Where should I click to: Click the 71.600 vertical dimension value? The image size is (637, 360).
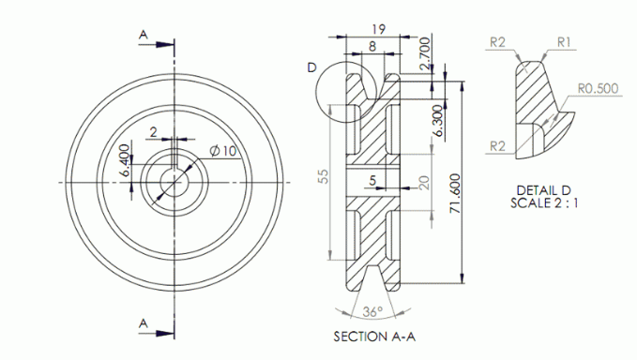pos(454,192)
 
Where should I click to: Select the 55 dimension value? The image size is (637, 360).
pos(323,177)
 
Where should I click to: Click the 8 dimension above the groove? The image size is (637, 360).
pos(372,44)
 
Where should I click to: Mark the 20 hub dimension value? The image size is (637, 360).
pos(423,183)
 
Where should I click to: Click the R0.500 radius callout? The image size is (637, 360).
pos(597,89)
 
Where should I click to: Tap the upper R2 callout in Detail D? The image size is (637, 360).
pos(498,41)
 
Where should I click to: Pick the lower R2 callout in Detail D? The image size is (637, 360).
pos(498,144)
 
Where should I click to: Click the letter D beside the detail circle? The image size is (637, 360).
pos(311,67)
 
